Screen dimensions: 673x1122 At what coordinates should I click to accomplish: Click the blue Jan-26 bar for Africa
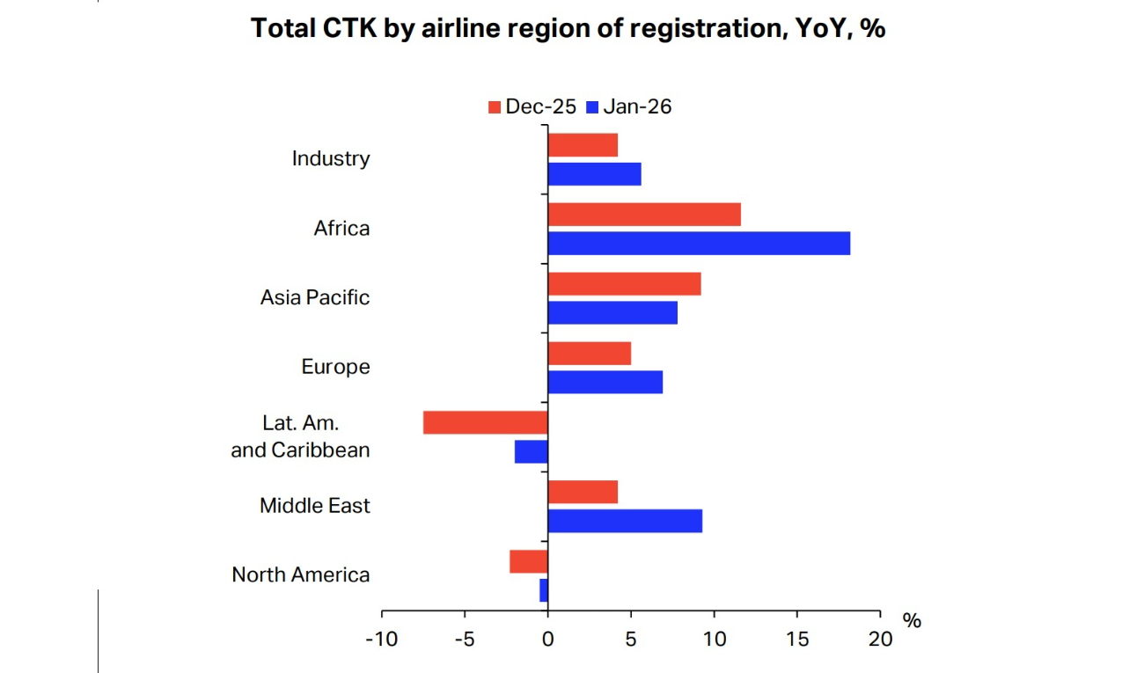(699, 243)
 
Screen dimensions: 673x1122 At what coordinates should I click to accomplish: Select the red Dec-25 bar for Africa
(644, 215)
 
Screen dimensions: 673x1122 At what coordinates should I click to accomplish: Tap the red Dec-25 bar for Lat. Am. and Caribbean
(485, 422)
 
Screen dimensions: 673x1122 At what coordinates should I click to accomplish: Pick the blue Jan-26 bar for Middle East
(625, 521)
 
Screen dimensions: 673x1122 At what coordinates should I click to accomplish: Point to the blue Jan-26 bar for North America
(544, 590)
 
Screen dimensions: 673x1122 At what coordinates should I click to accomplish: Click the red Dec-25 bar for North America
(529, 561)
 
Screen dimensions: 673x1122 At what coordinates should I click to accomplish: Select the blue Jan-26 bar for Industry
(594, 174)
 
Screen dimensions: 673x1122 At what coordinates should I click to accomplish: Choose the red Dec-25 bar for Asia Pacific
(624, 284)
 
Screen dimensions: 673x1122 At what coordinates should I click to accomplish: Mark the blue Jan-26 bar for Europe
(605, 382)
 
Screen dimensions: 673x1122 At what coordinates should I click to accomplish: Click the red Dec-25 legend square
(495, 107)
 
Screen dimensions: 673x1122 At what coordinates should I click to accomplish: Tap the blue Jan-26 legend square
(592, 107)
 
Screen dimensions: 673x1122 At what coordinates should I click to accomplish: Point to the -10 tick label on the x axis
(382, 640)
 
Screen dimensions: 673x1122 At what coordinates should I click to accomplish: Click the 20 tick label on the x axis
(879, 640)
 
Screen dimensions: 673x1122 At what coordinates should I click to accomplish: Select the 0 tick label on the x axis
(547, 640)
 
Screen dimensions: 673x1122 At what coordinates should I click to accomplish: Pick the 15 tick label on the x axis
(796, 640)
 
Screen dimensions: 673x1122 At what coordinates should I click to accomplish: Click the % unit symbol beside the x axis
(912, 621)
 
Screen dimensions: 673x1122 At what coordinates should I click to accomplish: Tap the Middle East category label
(314, 506)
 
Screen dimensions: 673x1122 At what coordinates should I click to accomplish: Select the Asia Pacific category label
(314, 297)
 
